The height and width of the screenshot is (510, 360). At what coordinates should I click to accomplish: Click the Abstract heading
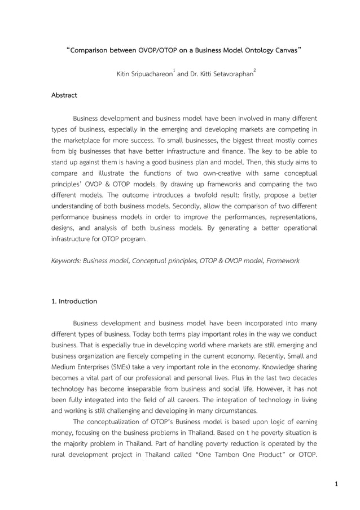[x=64, y=95]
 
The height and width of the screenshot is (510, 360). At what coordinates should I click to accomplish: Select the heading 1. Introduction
[x=74, y=301]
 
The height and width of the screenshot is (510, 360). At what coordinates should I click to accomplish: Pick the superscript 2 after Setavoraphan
[x=255, y=71]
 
